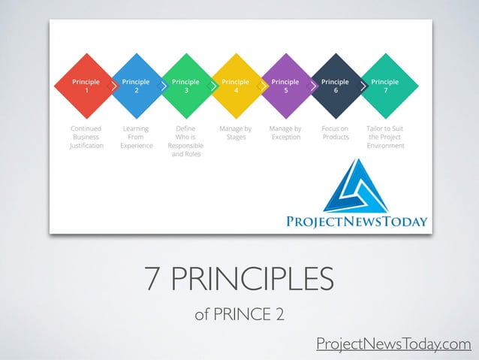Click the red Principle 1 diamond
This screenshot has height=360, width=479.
86,86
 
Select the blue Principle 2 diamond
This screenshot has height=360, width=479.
136,86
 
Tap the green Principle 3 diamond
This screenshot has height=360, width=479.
185,86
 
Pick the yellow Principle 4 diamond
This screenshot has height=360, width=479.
236,86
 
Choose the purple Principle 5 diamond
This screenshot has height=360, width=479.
285,86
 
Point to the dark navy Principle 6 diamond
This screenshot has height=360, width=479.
335,86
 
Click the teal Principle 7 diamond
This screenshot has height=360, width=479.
385,86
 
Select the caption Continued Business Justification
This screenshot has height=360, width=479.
86,138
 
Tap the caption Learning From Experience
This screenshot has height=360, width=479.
136,138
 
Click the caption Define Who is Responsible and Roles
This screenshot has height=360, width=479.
185,141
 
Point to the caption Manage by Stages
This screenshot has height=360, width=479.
236,133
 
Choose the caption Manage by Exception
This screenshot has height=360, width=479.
285,133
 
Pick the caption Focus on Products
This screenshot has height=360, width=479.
335,133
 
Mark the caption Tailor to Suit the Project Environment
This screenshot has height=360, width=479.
385,138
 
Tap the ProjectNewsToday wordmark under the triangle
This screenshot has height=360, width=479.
357,222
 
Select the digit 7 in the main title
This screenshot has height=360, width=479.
154,281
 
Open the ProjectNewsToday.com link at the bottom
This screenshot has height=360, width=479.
393,344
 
